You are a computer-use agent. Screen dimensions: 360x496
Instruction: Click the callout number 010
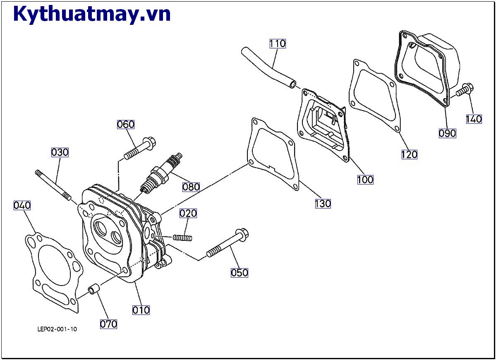[141, 310]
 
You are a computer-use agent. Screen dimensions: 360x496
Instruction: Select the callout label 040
[22, 205]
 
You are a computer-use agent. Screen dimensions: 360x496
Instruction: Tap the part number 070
[108, 324]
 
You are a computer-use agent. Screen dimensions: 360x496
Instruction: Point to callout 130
[323, 204]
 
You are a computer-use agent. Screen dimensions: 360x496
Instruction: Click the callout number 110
[278, 43]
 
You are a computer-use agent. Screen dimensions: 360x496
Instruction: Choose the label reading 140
[474, 119]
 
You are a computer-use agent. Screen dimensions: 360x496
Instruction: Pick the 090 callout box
[447, 133]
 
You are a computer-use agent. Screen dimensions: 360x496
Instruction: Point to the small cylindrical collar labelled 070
[94, 289]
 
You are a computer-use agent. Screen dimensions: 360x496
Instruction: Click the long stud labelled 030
[53, 184]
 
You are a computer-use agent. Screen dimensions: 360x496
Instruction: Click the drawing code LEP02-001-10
[57, 329]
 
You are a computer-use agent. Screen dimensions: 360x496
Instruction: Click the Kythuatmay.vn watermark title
[92, 14]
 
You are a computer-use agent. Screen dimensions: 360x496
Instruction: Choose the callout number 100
[365, 180]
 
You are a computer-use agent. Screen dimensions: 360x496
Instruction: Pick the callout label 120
[409, 154]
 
